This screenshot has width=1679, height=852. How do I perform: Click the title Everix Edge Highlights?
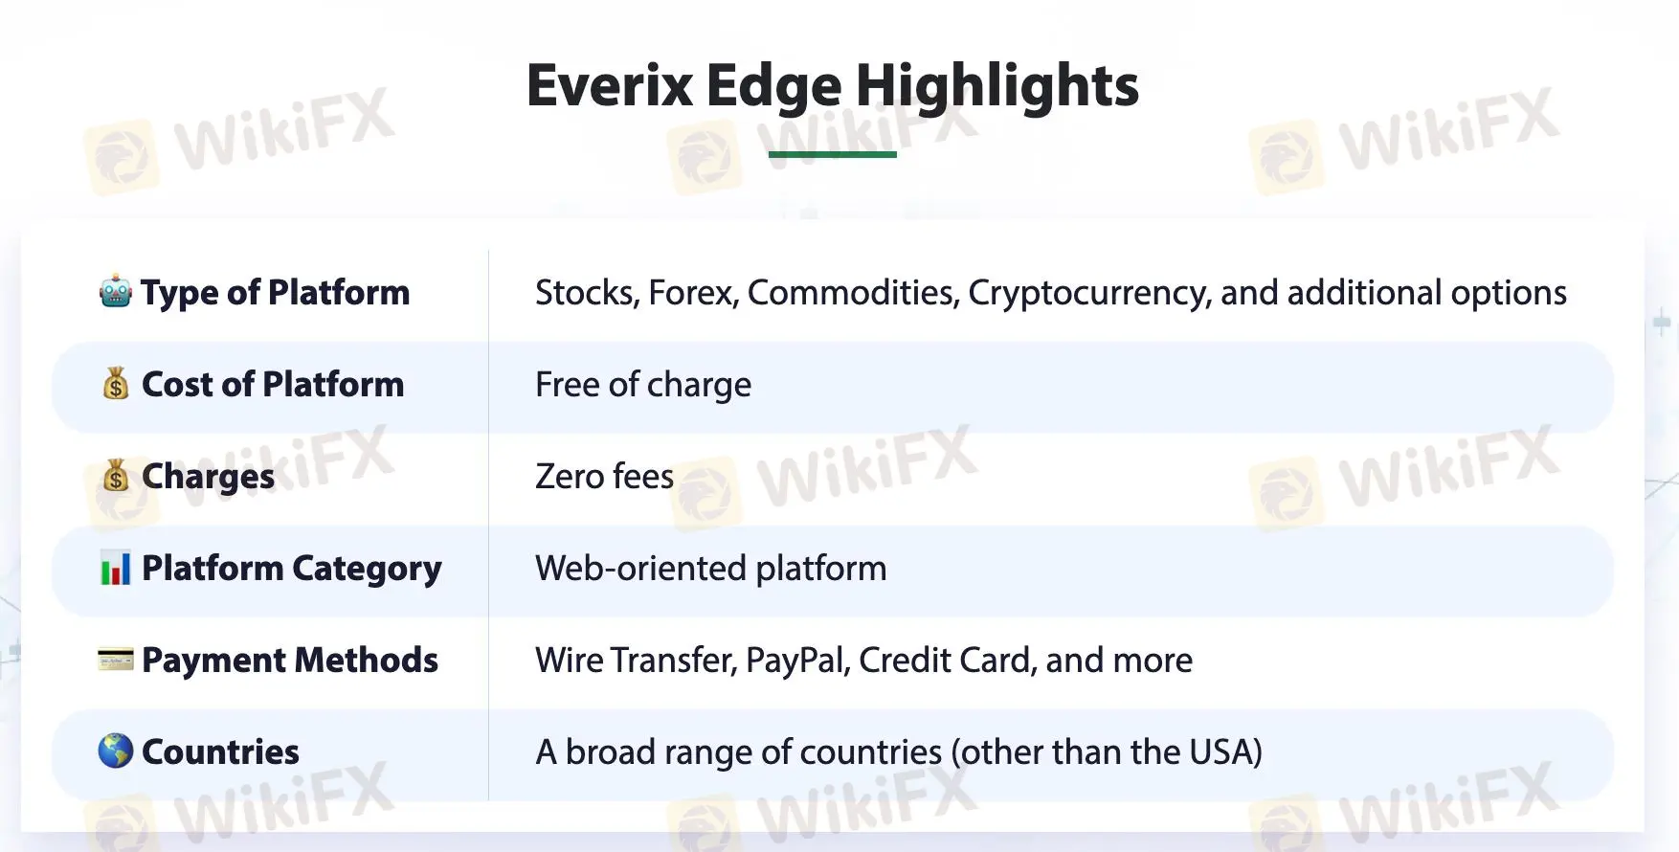coord(833,86)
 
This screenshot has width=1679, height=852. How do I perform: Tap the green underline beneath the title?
coord(833,154)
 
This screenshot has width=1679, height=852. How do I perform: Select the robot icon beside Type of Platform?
coord(116,291)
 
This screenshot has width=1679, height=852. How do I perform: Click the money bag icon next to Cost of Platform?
coord(116,384)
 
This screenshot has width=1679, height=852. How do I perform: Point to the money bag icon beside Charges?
coord(116,476)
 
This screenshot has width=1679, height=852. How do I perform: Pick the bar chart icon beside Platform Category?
coord(116,569)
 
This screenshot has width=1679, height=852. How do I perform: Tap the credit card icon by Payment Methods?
coord(116,660)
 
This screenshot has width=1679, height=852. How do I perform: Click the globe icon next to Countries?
coord(116,751)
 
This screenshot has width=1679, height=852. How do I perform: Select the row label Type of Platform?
coord(276,293)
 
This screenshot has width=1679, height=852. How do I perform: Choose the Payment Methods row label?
coord(290,660)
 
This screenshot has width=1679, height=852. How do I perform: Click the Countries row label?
coord(220,751)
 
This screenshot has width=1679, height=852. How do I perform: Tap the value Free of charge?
coord(643,385)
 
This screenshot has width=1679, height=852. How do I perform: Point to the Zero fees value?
coord(605,476)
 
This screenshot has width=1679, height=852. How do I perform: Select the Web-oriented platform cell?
coord(711,569)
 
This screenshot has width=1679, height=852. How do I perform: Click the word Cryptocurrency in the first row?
coord(1090,293)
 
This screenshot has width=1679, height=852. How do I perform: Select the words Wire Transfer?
coord(637,661)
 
